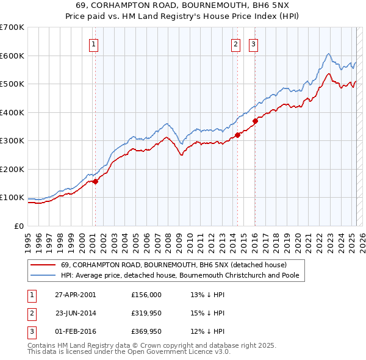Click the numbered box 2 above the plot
pos(235,43)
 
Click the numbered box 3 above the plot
pos(253,43)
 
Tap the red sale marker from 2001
pos(95,181)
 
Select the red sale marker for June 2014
pos(238,135)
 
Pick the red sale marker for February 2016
pos(256,121)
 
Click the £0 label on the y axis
pos(18,226)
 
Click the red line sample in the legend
pos(43,265)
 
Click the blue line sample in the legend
pos(43,276)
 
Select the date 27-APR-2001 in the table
pos(75,295)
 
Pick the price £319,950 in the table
pos(146,313)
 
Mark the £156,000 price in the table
pos(146,295)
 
